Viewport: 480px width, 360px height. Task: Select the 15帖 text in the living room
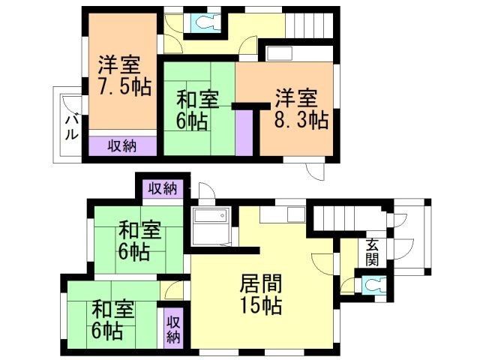pyautogui.click(x=261, y=306)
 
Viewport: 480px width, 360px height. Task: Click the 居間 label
pyautogui.click(x=261, y=283)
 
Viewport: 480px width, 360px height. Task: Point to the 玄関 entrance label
pyautogui.click(x=372, y=252)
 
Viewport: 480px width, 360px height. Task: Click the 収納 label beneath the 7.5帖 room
pyautogui.click(x=121, y=145)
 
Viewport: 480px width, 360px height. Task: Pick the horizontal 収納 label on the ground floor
pyautogui.click(x=163, y=187)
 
